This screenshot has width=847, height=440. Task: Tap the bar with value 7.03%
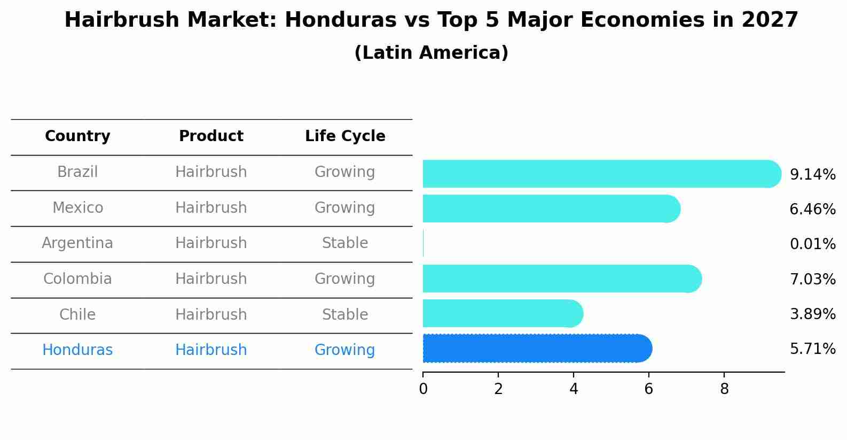click(x=561, y=279)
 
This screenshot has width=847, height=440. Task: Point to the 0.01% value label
click(x=812, y=244)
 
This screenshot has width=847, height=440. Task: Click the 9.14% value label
click(x=812, y=175)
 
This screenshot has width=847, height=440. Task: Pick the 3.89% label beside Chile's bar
click(x=812, y=314)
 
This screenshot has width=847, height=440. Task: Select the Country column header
click(x=77, y=136)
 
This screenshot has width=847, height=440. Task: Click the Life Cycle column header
click(x=345, y=136)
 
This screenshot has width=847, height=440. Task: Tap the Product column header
click(x=211, y=136)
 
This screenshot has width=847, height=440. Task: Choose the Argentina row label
click(x=77, y=243)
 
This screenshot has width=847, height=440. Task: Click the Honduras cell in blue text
click(x=77, y=350)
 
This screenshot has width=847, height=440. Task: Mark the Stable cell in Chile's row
click(x=345, y=314)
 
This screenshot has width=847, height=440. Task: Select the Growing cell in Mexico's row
click(x=345, y=207)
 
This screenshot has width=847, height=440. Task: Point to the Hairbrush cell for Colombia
click(x=211, y=279)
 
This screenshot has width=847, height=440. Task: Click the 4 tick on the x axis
click(x=574, y=389)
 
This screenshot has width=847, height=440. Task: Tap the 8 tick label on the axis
click(x=724, y=389)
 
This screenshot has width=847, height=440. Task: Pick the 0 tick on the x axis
click(x=423, y=389)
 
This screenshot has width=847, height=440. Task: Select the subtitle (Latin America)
click(x=431, y=53)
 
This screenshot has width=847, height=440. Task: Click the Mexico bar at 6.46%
click(x=550, y=209)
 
